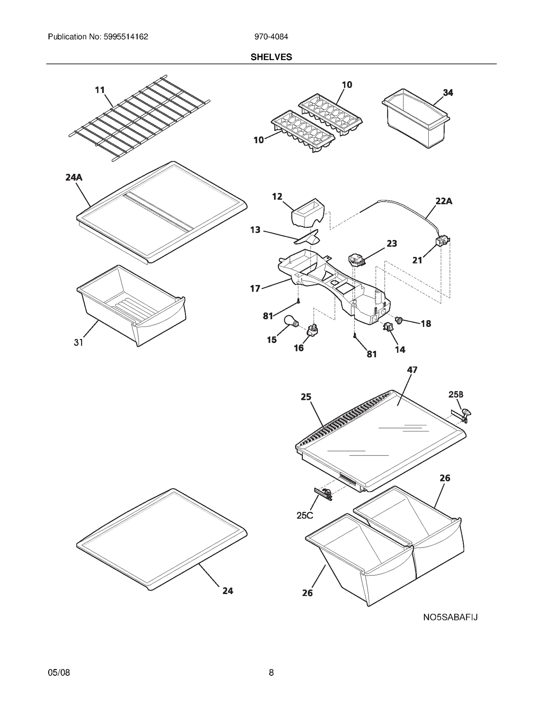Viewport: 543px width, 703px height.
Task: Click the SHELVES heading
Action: coord(271,57)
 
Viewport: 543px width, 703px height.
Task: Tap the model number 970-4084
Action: coord(271,37)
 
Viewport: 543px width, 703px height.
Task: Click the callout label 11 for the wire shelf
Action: coord(99,90)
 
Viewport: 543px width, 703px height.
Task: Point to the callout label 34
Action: coord(448,92)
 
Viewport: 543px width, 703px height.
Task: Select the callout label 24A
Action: coord(74,177)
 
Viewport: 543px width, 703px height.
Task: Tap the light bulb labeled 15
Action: coord(291,321)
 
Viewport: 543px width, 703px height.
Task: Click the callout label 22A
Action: coord(444,201)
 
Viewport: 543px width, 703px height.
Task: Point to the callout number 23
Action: coord(392,243)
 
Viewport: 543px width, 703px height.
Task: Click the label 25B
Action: coord(456,394)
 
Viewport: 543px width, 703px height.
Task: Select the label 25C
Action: coord(304,515)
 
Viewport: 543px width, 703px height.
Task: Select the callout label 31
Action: coord(78,343)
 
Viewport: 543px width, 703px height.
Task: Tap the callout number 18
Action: coord(426,323)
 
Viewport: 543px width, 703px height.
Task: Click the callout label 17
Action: coord(255,289)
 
